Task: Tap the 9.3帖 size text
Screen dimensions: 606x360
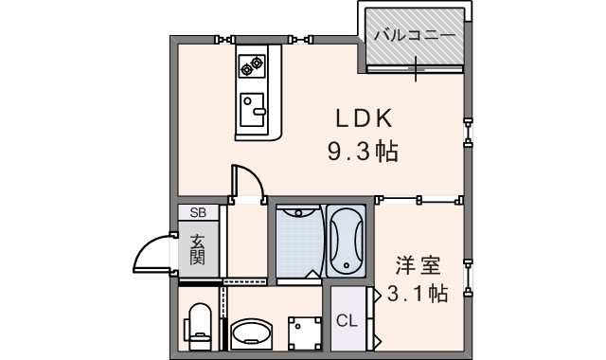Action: pyautogui.click(x=362, y=151)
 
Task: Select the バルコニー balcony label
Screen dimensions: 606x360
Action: pyautogui.click(x=413, y=35)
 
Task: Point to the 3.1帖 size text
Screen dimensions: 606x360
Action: pyautogui.click(x=417, y=294)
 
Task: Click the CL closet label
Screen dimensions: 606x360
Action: pyautogui.click(x=347, y=320)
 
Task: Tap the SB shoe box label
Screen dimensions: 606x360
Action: pyautogui.click(x=199, y=213)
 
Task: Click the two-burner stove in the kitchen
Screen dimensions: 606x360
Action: pyautogui.click(x=253, y=65)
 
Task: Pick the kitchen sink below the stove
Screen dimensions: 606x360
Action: pyautogui.click(x=253, y=110)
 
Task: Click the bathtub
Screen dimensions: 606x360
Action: pyautogui.click(x=348, y=242)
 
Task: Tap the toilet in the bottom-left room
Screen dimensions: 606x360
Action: pyautogui.click(x=199, y=324)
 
